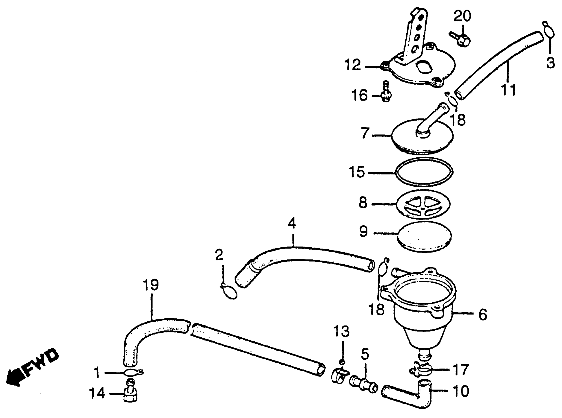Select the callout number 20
[462, 16]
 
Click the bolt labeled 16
[386, 93]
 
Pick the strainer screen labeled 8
[423, 204]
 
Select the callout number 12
[353, 65]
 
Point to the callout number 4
[292, 223]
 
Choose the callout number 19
[151, 285]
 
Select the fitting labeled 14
[131, 393]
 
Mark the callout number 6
[482, 315]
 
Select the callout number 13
[341, 331]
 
